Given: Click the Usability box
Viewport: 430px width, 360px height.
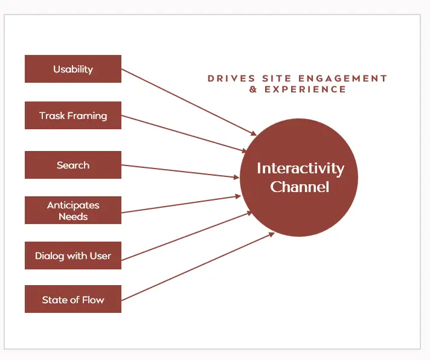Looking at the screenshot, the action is click(x=73, y=69).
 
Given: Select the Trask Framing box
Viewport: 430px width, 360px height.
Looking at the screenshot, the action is click(x=73, y=115).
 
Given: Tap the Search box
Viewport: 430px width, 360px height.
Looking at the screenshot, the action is click(x=73, y=165).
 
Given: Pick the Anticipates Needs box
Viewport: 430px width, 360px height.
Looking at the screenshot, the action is click(x=73, y=210).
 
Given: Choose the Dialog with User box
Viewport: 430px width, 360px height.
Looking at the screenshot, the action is click(x=73, y=256).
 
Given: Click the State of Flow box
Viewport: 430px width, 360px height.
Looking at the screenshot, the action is click(x=73, y=299).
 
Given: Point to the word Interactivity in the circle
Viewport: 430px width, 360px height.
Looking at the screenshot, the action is click(x=301, y=169).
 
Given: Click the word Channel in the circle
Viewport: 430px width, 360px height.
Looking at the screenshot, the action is click(x=300, y=187).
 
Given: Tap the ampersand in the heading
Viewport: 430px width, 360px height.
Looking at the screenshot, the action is click(x=253, y=89).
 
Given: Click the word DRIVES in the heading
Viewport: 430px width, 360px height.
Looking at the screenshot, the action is click(x=231, y=79).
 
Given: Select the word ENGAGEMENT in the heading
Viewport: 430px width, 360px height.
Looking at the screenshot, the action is click(x=342, y=79).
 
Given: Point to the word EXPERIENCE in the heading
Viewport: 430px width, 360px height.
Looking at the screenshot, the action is click(x=305, y=89).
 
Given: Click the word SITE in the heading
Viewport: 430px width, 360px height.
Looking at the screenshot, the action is click(x=277, y=79).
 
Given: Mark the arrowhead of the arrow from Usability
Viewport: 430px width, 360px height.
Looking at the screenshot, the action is click(x=254, y=133).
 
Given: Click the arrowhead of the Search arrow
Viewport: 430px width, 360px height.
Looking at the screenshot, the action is click(x=236, y=178).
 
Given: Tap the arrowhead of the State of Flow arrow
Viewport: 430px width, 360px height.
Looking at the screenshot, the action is click(x=271, y=234).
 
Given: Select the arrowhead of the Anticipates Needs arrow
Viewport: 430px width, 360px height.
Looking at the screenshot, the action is click(x=238, y=196).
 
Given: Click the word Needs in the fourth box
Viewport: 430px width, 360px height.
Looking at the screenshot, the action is click(x=73, y=217).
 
